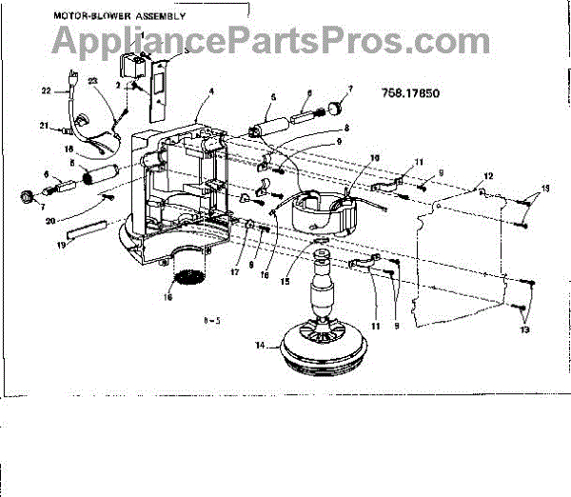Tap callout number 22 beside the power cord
pos(45,91)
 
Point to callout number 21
pos(44,126)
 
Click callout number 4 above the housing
pos(211,93)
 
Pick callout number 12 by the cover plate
pos(488,176)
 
